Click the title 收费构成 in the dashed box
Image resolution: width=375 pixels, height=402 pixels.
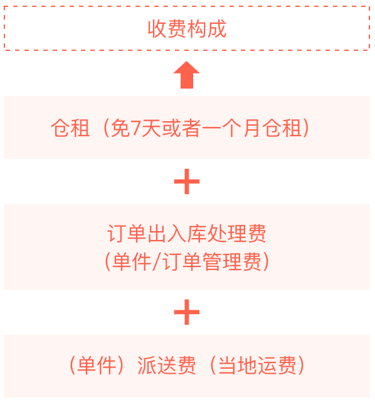[x=187, y=29]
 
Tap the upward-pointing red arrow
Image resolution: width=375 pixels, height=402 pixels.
[x=186, y=75]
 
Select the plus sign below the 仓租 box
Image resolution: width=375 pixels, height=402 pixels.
[x=187, y=182]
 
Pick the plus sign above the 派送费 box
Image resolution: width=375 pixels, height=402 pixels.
[x=187, y=312]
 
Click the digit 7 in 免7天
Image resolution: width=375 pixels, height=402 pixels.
[x=135, y=128]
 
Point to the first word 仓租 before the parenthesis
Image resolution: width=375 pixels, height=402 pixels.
[x=70, y=128]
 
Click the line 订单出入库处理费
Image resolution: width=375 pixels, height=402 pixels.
[x=187, y=233]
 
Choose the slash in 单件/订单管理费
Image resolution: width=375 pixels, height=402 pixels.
[x=156, y=261]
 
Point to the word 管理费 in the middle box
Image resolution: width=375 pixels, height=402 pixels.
[x=232, y=261]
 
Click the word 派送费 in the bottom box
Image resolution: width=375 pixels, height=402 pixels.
[x=167, y=366]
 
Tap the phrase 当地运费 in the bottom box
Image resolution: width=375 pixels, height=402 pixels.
[x=257, y=366]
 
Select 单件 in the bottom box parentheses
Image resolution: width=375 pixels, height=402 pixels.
[x=97, y=366]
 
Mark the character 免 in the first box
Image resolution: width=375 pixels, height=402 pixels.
[x=120, y=128]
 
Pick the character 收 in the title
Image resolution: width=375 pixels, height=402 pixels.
[x=157, y=29]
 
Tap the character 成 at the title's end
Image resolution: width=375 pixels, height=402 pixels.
[x=217, y=29]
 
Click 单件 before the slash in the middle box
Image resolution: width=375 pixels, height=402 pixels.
[x=132, y=261]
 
